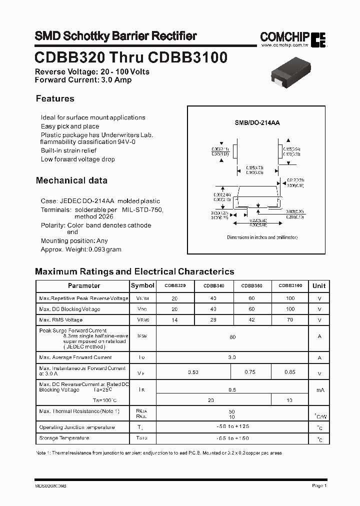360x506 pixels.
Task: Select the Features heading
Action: (x=55, y=98)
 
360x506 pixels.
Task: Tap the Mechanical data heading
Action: (x=71, y=180)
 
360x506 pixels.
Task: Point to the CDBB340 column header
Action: (x=213, y=286)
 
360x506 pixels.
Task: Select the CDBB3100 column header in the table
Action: (x=290, y=286)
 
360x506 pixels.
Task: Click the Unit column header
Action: (x=319, y=286)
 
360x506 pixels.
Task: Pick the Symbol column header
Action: (x=142, y=285)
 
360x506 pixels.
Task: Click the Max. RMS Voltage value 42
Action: (x=251, y=319)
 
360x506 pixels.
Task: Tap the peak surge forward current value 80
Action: (x=232, y=337)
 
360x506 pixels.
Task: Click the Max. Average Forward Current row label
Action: (x=75, y=357)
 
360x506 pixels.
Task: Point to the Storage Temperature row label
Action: (x=64, y=438)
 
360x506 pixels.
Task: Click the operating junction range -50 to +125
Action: (x=232, y=427)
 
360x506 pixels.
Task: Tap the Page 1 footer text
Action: (x=319, y=485)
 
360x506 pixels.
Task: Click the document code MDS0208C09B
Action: (x=51, y=485)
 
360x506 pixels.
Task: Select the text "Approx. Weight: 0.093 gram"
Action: (x=81, y=249)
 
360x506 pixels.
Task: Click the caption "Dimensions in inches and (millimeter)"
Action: (x=262, y=237)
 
